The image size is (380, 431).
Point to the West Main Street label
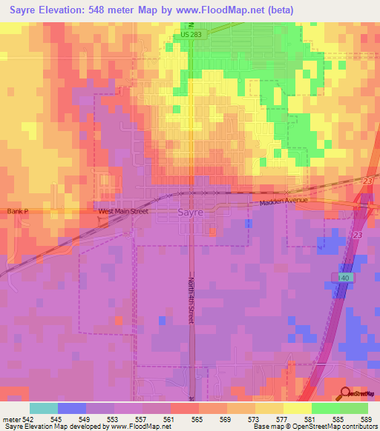click(x=123, y=211)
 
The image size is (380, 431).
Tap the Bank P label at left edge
click(x=17, y=211)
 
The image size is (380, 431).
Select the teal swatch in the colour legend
click(x=44, y=408)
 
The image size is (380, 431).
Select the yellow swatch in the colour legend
click(x=298, y=408)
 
